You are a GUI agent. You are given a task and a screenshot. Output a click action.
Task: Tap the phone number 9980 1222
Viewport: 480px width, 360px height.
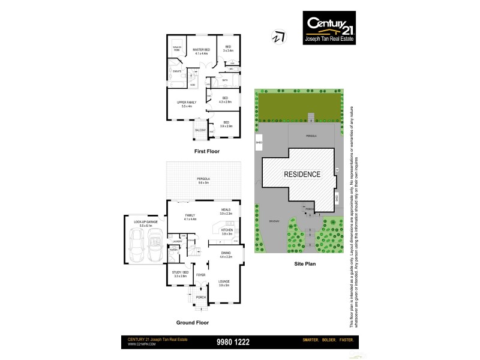click(233, 342)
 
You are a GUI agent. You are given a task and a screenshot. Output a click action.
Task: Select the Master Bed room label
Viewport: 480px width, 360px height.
click(201, 52)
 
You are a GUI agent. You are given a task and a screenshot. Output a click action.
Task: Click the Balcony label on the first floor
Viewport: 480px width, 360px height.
click(200, 130)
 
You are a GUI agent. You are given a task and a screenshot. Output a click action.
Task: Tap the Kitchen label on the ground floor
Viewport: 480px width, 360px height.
click(226, 231)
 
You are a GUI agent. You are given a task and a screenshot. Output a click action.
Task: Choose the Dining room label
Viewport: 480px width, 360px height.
click(226, 255)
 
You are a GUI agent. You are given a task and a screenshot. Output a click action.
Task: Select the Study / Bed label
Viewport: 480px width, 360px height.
click(181, 274)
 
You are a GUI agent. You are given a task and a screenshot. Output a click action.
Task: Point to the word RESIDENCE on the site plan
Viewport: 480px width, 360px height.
click(302, 175)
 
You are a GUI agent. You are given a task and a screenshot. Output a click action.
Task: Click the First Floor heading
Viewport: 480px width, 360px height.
click(206, 152)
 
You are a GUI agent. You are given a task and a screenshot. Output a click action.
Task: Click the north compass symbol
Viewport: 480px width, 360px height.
click(278, 37)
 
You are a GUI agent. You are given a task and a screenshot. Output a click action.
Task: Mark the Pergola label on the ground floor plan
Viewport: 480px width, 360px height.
click(205, 181)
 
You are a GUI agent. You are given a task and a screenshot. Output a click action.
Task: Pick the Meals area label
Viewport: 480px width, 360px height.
click(225, 211)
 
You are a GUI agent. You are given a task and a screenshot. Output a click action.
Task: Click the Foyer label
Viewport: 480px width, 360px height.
click(200, 275)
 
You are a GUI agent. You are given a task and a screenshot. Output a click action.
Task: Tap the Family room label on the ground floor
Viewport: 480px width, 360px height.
click(190, 217)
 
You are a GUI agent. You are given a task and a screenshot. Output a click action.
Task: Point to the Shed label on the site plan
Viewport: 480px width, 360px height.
click(259, 143)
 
